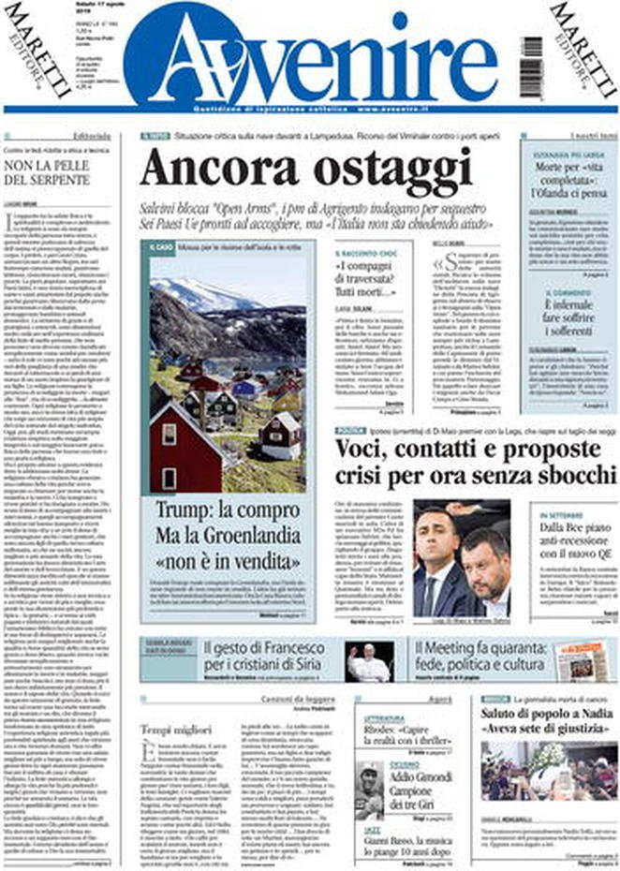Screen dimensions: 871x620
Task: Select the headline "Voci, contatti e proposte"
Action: click(459, 449)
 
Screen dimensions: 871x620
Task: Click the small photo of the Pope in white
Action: click(368, 661)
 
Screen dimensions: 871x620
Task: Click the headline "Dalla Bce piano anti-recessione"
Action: click(576, 544)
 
